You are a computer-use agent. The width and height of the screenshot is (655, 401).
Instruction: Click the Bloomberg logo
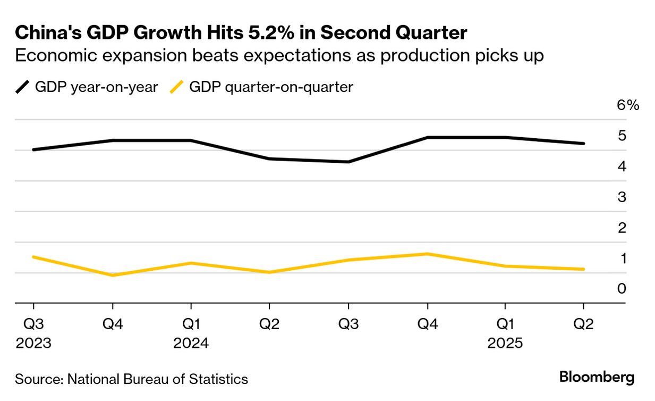(597, 378)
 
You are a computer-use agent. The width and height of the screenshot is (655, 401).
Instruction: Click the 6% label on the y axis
(628, 105)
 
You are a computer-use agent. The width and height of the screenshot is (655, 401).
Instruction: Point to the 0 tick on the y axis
(622, 289)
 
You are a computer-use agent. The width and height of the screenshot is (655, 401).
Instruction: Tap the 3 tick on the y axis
(622, 197)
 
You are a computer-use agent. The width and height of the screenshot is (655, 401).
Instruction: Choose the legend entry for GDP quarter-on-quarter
(261, 87)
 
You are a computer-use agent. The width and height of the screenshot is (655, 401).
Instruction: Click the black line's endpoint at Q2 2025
(583, 144)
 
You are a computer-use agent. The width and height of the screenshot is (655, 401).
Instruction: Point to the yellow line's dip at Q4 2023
(112, 275)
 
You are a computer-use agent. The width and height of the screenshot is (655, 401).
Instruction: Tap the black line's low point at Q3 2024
(348, 162)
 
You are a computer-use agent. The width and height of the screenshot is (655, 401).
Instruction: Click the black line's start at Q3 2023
(33, 149)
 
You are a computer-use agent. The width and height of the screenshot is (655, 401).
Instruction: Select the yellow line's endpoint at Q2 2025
(583, 269)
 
